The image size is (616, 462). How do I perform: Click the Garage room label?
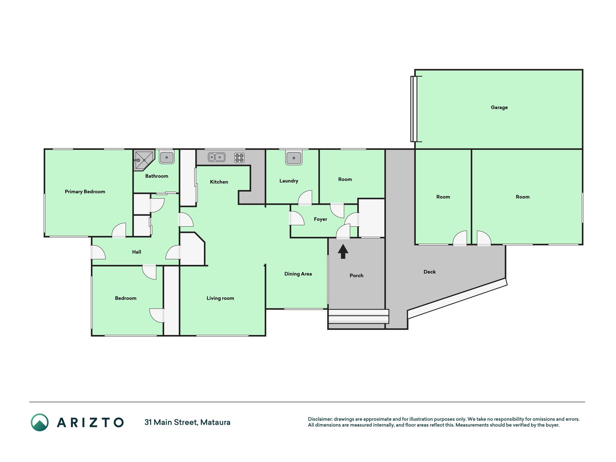tap(499, 107)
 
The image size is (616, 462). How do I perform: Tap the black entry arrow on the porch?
tap(343, 252)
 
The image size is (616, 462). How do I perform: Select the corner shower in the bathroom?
tap(144, 160)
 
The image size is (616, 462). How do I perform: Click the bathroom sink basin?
tap(167, 157)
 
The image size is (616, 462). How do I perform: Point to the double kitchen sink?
tap(217, 157)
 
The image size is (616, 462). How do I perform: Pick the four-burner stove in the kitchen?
tap(239, 158)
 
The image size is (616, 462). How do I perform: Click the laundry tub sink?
tap(294, 158)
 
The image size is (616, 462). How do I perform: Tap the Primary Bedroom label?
tap(85, 192)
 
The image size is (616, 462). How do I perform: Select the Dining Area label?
tap(298, 274)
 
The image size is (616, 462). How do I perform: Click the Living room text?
tap(220, 298)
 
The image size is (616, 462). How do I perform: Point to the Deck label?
tap(429, 272)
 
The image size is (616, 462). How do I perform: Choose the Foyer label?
tap(320, 219)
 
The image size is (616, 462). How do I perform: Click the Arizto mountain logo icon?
tap(40, 422)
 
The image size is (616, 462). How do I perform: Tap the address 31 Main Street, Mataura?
tap(187, 422)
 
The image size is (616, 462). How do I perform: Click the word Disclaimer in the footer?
tap(320, 419)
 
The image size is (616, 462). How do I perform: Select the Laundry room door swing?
tap(305, 197)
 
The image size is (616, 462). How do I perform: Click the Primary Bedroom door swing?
tap(119, 230)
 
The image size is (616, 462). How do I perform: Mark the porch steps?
tap(358, 316)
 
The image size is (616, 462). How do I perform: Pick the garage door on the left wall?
tap(414, 109)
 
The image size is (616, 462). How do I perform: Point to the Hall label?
tap(136, 252)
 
